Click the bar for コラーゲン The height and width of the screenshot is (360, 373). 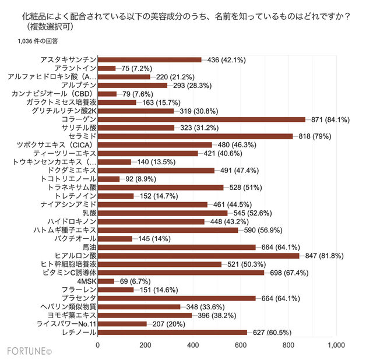(201, 119)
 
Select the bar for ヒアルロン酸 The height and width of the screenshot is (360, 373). (198, 255)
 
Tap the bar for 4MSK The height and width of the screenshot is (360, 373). (105, 281)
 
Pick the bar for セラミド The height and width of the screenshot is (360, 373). (195, 136)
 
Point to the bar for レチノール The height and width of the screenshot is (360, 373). (172, 332)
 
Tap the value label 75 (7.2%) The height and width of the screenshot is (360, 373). (136, 68)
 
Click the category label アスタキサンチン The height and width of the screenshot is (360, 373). (68, 59)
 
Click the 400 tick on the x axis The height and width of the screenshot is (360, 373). (193, 345)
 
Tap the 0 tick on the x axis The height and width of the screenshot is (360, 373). (98, 345)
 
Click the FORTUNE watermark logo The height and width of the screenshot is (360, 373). (29, 351)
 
